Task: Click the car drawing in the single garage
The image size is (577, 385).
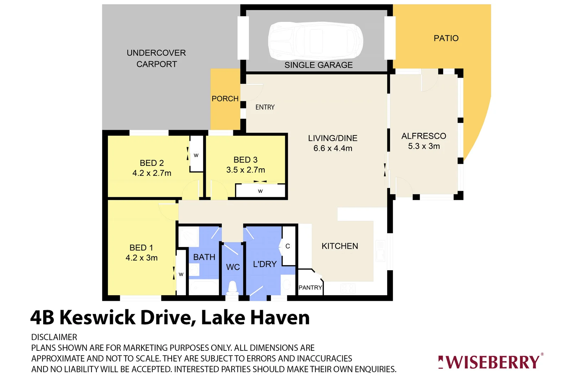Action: (x=316, y=41)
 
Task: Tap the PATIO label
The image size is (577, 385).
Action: (x=446, y=38)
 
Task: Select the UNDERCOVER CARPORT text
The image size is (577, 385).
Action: (x=156, y=58)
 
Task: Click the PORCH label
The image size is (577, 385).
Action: (x=225, y=99)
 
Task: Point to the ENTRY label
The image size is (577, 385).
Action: (x=265, y=107)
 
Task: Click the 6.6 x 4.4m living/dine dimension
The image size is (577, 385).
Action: (x=333, y=148)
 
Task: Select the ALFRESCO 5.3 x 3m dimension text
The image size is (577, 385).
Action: (x=424, y=146)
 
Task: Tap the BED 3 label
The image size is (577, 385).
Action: (x=245, y=160)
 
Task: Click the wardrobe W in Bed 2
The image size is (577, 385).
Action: (x=196, y=155)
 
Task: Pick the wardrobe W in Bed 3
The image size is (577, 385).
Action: (x=260, y=191)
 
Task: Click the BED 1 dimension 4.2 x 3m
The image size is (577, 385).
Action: (x=141, y=258)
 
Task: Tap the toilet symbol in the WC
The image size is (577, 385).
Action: (x=232, y=287)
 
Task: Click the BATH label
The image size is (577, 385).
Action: (x=204, y=257)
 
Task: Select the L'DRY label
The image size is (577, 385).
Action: (x=265, y=264)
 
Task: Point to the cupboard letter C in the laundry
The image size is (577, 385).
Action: (x=288, y=246)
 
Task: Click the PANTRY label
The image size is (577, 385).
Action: (x=310, y=288)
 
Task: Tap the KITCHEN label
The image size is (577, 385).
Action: (x=340, y=246)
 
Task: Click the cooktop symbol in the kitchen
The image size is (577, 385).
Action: (x=348, y=288)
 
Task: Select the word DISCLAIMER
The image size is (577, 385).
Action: (x=54, y=337)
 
